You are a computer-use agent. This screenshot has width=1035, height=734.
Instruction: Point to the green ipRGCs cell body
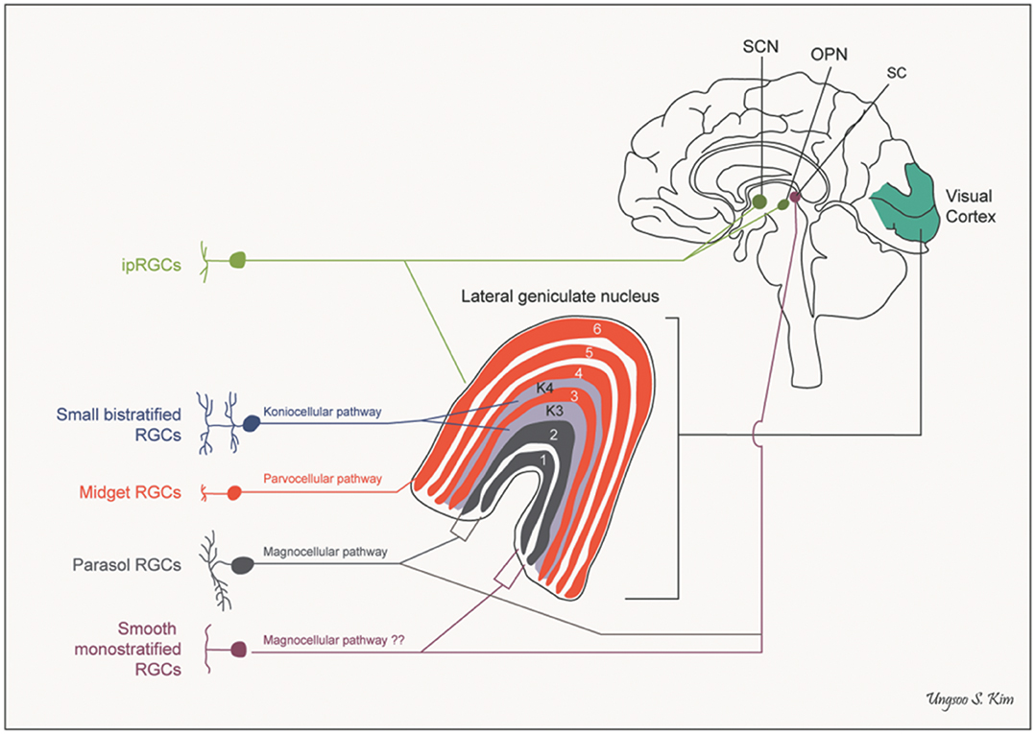point(238,259)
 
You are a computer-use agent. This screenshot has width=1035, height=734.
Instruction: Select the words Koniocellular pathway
point(322,412)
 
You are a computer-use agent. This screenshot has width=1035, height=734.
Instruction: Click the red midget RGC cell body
point(234,493)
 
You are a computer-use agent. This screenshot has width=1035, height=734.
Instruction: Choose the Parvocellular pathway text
point(322,478)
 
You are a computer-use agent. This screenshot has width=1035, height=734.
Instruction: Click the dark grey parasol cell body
point(241,565)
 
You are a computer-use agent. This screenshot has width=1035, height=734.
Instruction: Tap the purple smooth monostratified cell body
point(240,651)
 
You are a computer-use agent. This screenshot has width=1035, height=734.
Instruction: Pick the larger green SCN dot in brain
point(759,201)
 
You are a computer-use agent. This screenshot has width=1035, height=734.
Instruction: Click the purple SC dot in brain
point(794,199)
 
